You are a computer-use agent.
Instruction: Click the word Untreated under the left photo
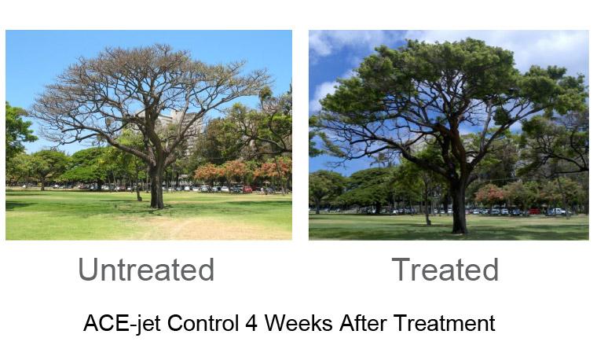[x=146, y=270]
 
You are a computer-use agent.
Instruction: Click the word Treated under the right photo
[x=445, y=270]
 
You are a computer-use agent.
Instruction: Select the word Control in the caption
[x=203, y=323]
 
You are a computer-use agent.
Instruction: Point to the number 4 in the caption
[x=251, y=324]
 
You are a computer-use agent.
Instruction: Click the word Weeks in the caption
[x=298, y=323]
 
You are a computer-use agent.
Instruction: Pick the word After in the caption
[x=363, y=323]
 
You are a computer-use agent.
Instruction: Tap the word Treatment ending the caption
[x=445, y=323]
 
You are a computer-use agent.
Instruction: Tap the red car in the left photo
[x=247, y=189]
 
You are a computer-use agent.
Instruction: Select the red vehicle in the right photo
[x=535, y=211]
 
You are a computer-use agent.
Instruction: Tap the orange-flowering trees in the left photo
[x=244, y=171]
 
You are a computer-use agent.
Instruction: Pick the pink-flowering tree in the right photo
[x=491, y=193]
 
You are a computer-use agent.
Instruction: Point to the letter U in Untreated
[x=87, y=270]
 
